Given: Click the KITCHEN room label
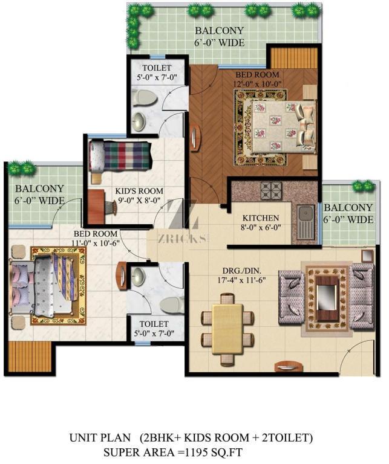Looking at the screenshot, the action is click(261, 218).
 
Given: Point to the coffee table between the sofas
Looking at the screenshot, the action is click(327, 298).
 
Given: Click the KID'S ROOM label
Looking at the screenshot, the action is click(139, 191).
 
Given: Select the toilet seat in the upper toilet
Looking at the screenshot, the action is click(144, 97).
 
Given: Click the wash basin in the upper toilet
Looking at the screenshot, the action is click(139, 122).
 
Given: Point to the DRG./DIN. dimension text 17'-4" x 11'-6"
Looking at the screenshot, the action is click(241, 280).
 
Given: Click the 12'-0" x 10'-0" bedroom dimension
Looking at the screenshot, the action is click(257, 84).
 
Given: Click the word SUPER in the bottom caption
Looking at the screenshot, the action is click(122, 452).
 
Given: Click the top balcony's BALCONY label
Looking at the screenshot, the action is click(219, 30).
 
